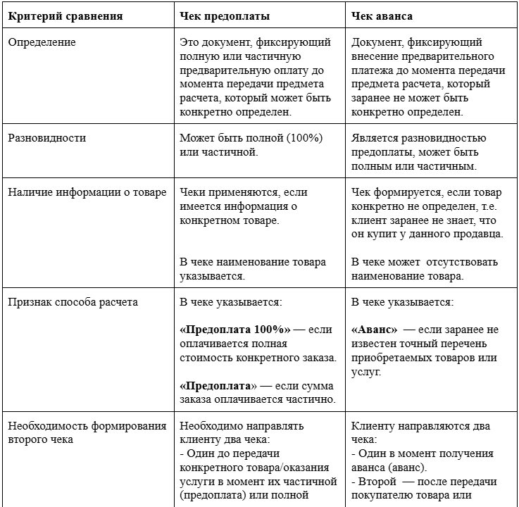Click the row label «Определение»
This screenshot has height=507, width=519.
[x=42, y=42]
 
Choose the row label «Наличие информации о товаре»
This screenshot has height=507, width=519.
[x=87, y=192]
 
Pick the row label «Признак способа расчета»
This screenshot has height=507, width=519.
[x=73, y=302]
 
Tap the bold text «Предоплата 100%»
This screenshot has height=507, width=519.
[x=235, y=329]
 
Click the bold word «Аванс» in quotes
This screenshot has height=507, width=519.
[x=374, y=329]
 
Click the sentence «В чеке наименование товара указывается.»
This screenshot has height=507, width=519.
[x=253, y=268]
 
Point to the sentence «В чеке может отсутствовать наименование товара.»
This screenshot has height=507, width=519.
[x=424, y=268]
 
